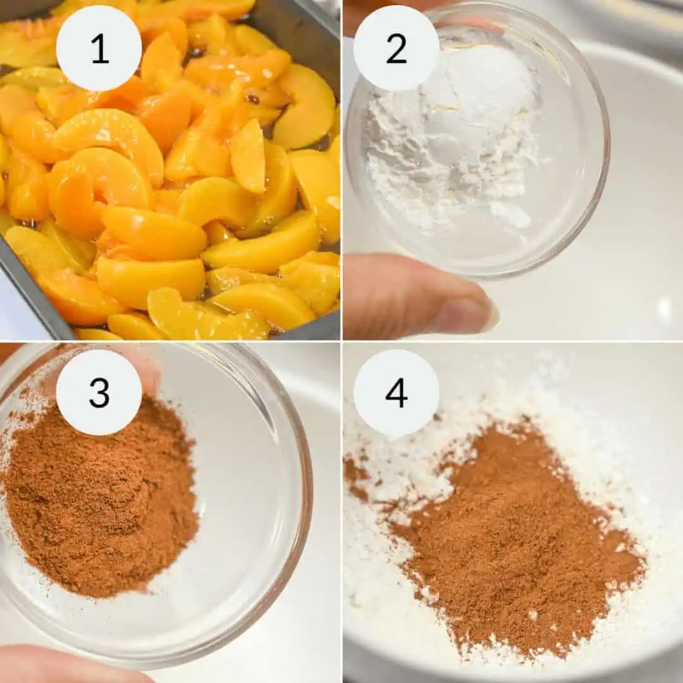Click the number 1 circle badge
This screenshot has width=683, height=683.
pyautogui.click(x=99, y=49)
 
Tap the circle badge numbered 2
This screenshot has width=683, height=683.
pyautogui.click(x=396, y=49)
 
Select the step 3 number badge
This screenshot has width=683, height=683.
pyautogui.click(x=99, y=392)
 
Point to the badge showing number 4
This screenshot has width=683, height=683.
pyautogui.click(x=396, y=392)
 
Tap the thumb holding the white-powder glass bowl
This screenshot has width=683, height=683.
pyautogui.click(x=411, y=297)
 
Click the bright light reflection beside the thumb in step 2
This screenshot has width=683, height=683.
pyautogui.click(x=664, y=310)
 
